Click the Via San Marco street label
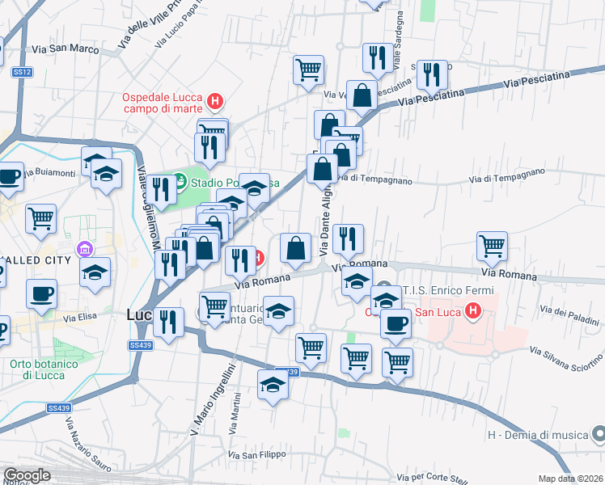point(66,49)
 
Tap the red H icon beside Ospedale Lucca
point(214,102)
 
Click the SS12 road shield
point(22,73)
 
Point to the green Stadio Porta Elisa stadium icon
point(180,177)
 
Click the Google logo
point(27,475)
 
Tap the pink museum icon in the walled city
point(81,249)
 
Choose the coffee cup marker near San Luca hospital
point(395,323)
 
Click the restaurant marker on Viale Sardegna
point(376,58)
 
